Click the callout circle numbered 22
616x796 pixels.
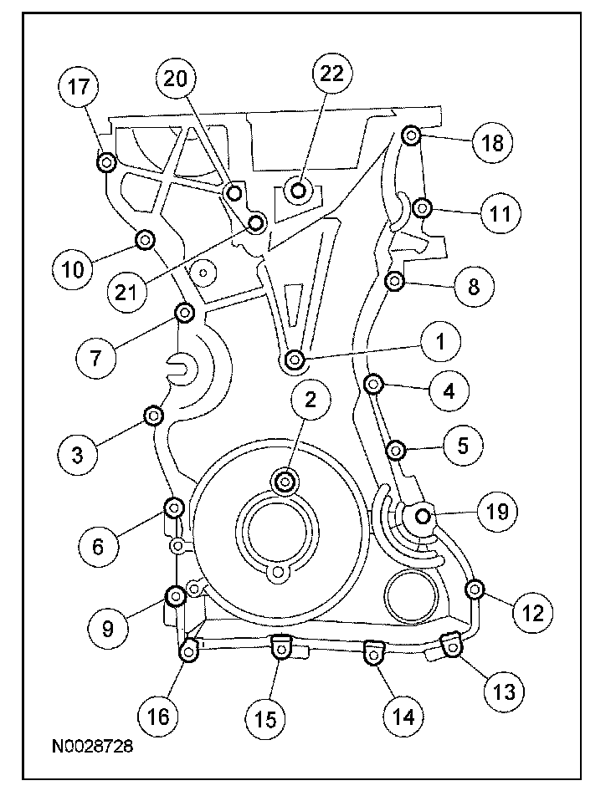click(332, 74)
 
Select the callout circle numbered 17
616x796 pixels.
click(79, 87)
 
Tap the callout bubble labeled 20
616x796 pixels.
click(176, 79)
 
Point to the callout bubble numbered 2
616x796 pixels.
click(310, 399)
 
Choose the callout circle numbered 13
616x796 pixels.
click(504, 691)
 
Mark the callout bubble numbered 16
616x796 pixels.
click(158, 717)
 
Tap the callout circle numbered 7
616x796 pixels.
click(96, 358)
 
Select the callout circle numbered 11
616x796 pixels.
click(501, 214)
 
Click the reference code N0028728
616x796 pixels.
click(93, 746)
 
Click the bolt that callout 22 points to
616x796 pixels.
click(299, 191)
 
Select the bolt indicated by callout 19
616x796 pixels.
click(423, 516)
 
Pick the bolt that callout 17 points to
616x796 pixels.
click(106, 162)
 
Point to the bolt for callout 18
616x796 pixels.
click(411, 135)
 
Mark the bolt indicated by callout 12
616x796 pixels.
click(475, 589)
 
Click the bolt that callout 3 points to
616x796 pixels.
click(153, 416)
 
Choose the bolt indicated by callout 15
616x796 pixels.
click(280, 648)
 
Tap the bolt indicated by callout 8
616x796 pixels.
click(395, 280)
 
